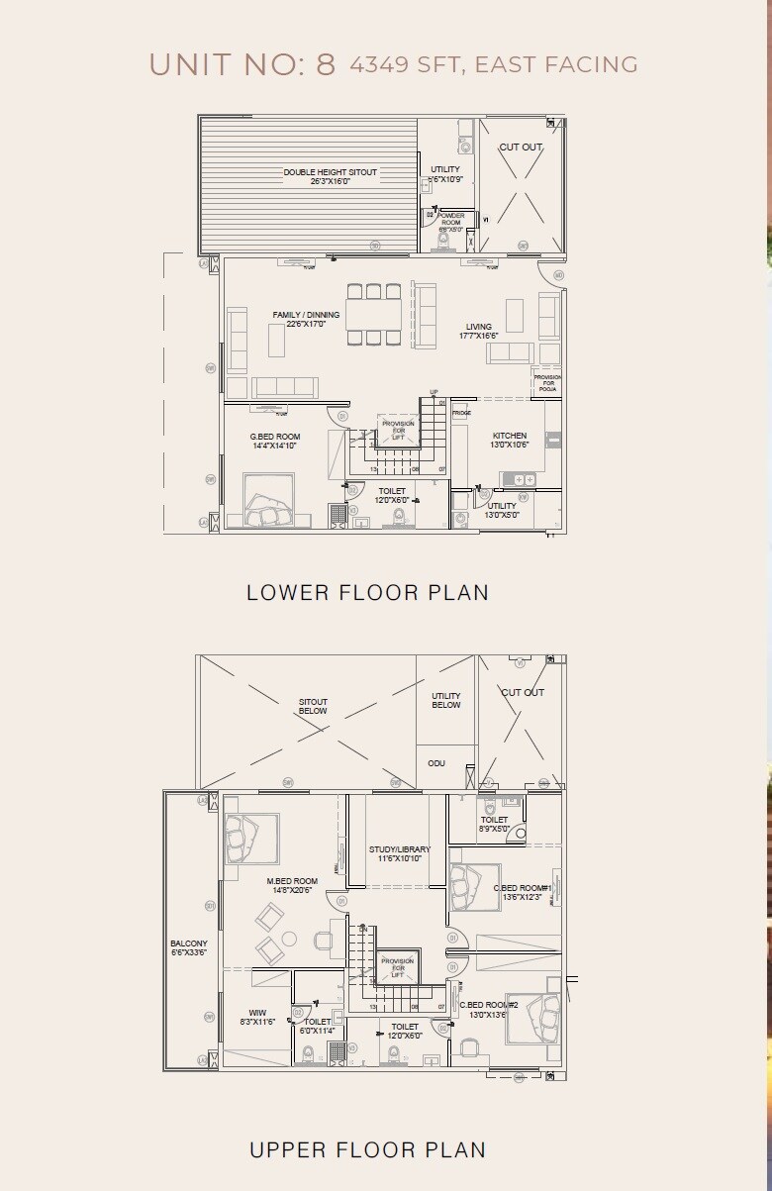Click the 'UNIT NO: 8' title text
(x=242, y=64)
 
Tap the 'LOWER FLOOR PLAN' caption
(x=367, y=592)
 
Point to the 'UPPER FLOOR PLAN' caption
(x=367, y=1149)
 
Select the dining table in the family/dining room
(x=374, y=314)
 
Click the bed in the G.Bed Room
(x=269, y=502)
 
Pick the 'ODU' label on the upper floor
(x=436, y=763)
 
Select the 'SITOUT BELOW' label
(x=313, y=706)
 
